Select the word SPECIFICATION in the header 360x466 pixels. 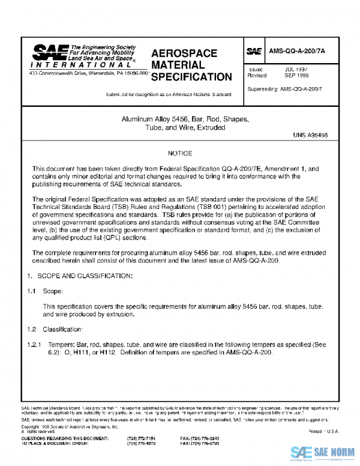click(x=191, y=77)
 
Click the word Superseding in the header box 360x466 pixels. click(x=263, y=89)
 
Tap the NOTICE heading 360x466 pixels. click(x=179, y=154)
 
